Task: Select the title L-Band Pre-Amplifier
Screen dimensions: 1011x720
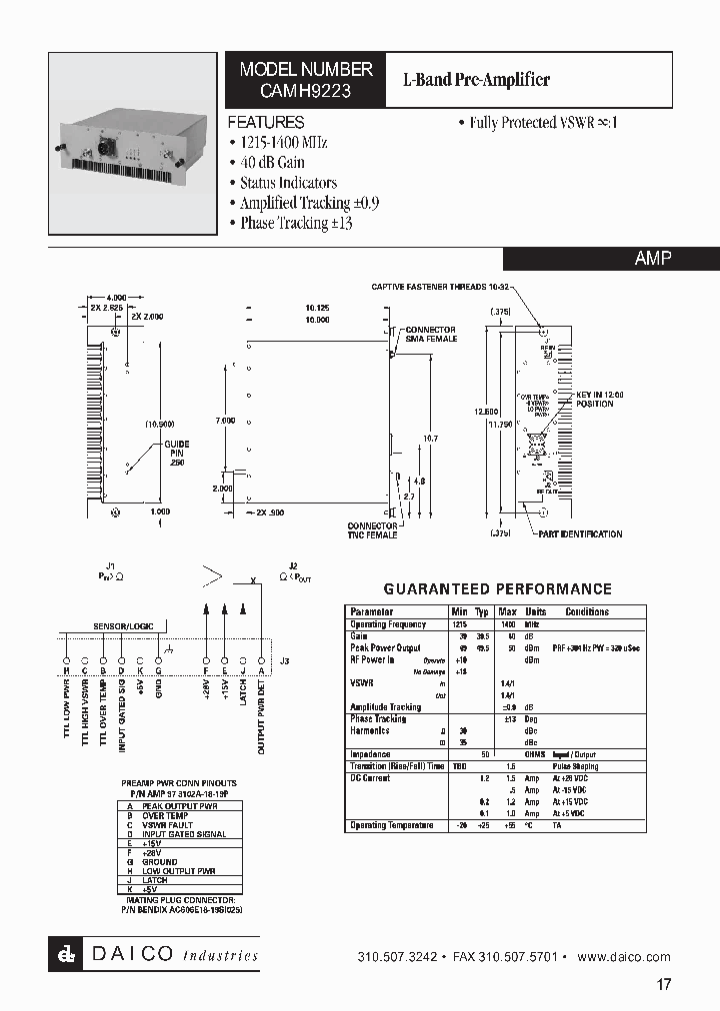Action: (476, 79)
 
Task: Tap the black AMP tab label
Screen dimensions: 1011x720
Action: (653, 258)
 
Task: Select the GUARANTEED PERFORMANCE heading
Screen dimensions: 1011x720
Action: (498, 589)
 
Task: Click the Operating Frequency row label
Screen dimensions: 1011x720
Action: (388, 624)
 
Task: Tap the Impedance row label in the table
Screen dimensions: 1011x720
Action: (370, 755)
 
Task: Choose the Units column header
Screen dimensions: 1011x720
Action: (536, 611)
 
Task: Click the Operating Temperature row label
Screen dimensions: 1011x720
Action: (391, 825)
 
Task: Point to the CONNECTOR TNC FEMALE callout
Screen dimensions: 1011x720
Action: (372, 530)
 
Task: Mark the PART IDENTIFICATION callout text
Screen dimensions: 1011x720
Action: (581, 534)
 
